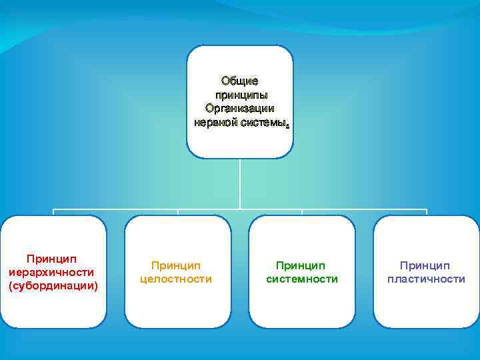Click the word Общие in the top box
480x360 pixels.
tap(240, 81)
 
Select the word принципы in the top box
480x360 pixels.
tap(241, 95)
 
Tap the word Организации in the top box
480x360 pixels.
tap(240, 109)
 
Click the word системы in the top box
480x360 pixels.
tap(264, 123)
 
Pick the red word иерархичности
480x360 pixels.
tap(52, 272)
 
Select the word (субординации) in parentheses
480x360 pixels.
tap(53, 286)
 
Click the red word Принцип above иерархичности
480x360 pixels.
tap(52, 258)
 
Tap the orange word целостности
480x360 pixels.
tap(176, 279)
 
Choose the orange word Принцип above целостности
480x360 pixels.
tap(176, 265)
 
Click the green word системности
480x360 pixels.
tap(302, 279)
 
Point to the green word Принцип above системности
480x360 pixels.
tap(302, 265)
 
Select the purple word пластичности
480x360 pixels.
tap(426, 279)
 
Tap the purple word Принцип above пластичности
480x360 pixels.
tap(426, 265)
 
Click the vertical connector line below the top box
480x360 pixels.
tap(240, 183)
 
